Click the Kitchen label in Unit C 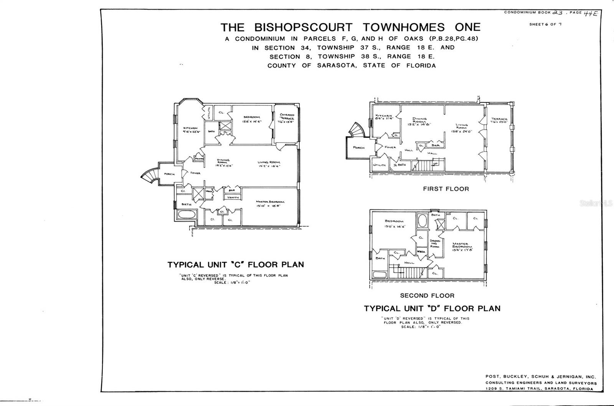point(190,129)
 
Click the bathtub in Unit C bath point(187,214)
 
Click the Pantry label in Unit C point(199,158)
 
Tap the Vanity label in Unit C point(233,197)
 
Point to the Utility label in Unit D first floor point(379,165)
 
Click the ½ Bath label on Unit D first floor point(399,165)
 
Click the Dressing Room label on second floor point(435,244)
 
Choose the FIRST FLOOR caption point(446,189)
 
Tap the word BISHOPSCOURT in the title point(303,27)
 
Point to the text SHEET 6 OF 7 point(545,24)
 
